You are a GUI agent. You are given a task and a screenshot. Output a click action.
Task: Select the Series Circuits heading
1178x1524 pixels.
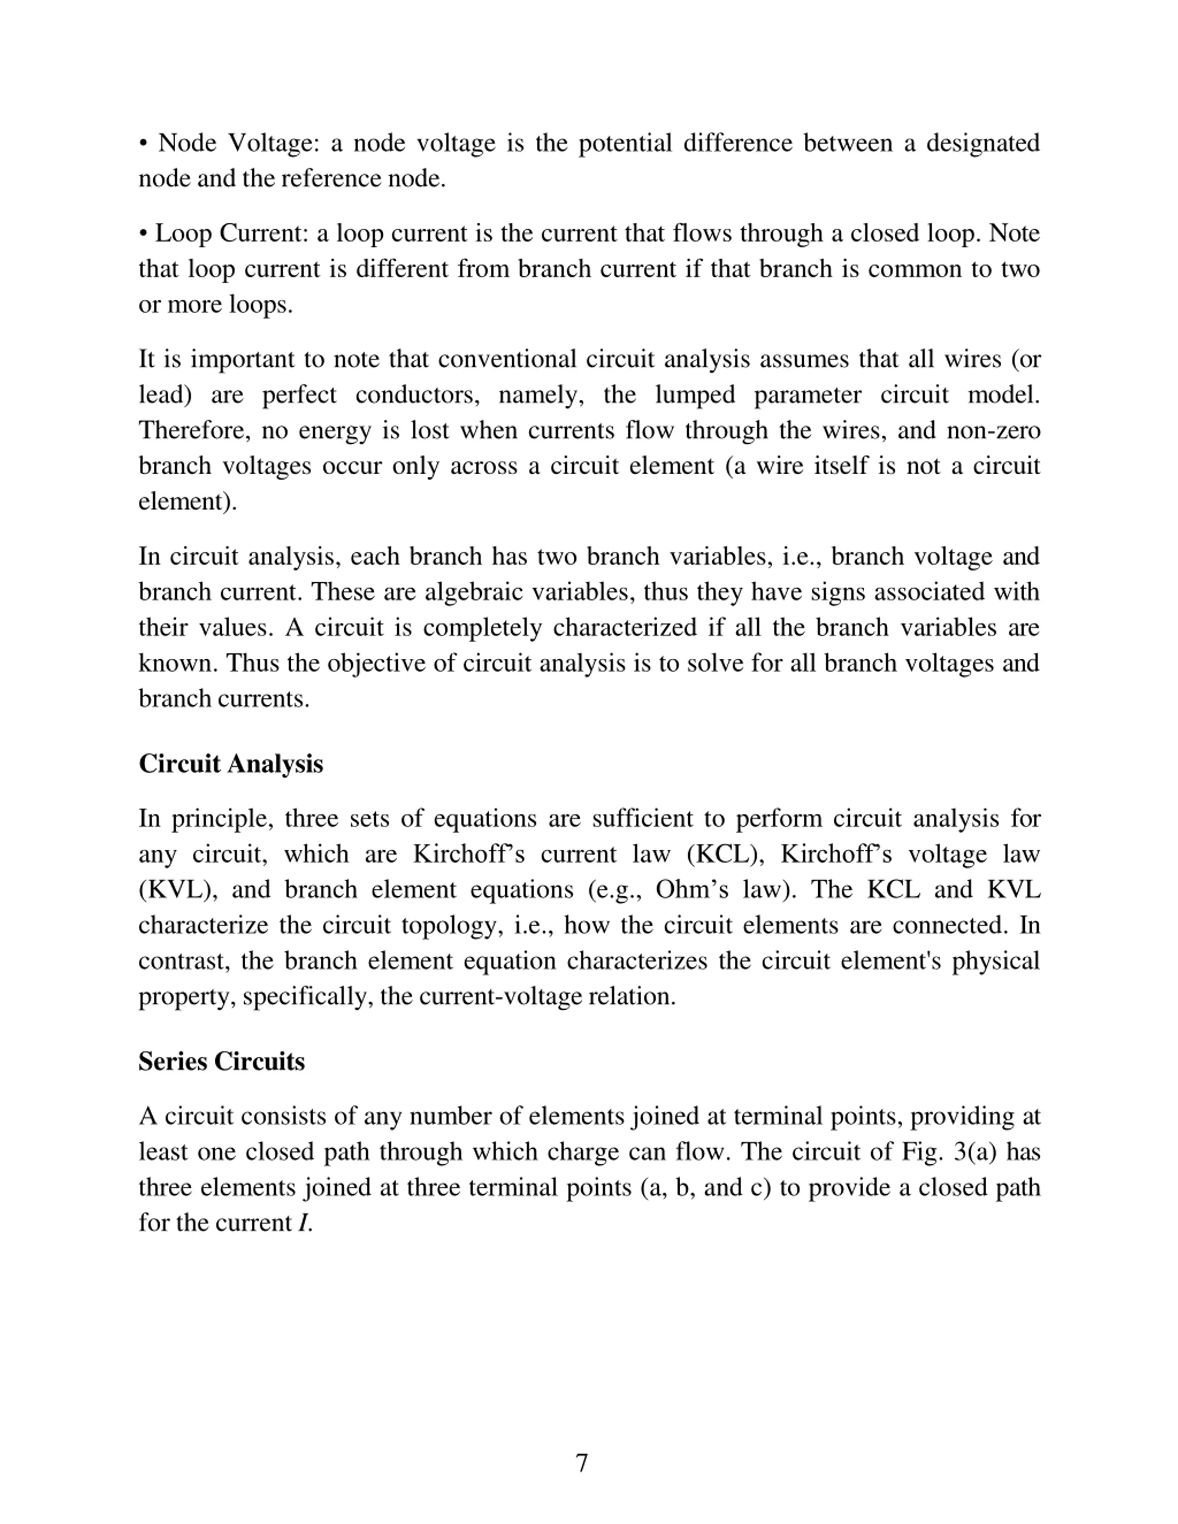[221, 1061]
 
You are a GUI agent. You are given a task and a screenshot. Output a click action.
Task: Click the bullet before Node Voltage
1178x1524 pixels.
[143, 144]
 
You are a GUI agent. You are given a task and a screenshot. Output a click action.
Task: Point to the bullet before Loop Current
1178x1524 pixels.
[143, 234]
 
